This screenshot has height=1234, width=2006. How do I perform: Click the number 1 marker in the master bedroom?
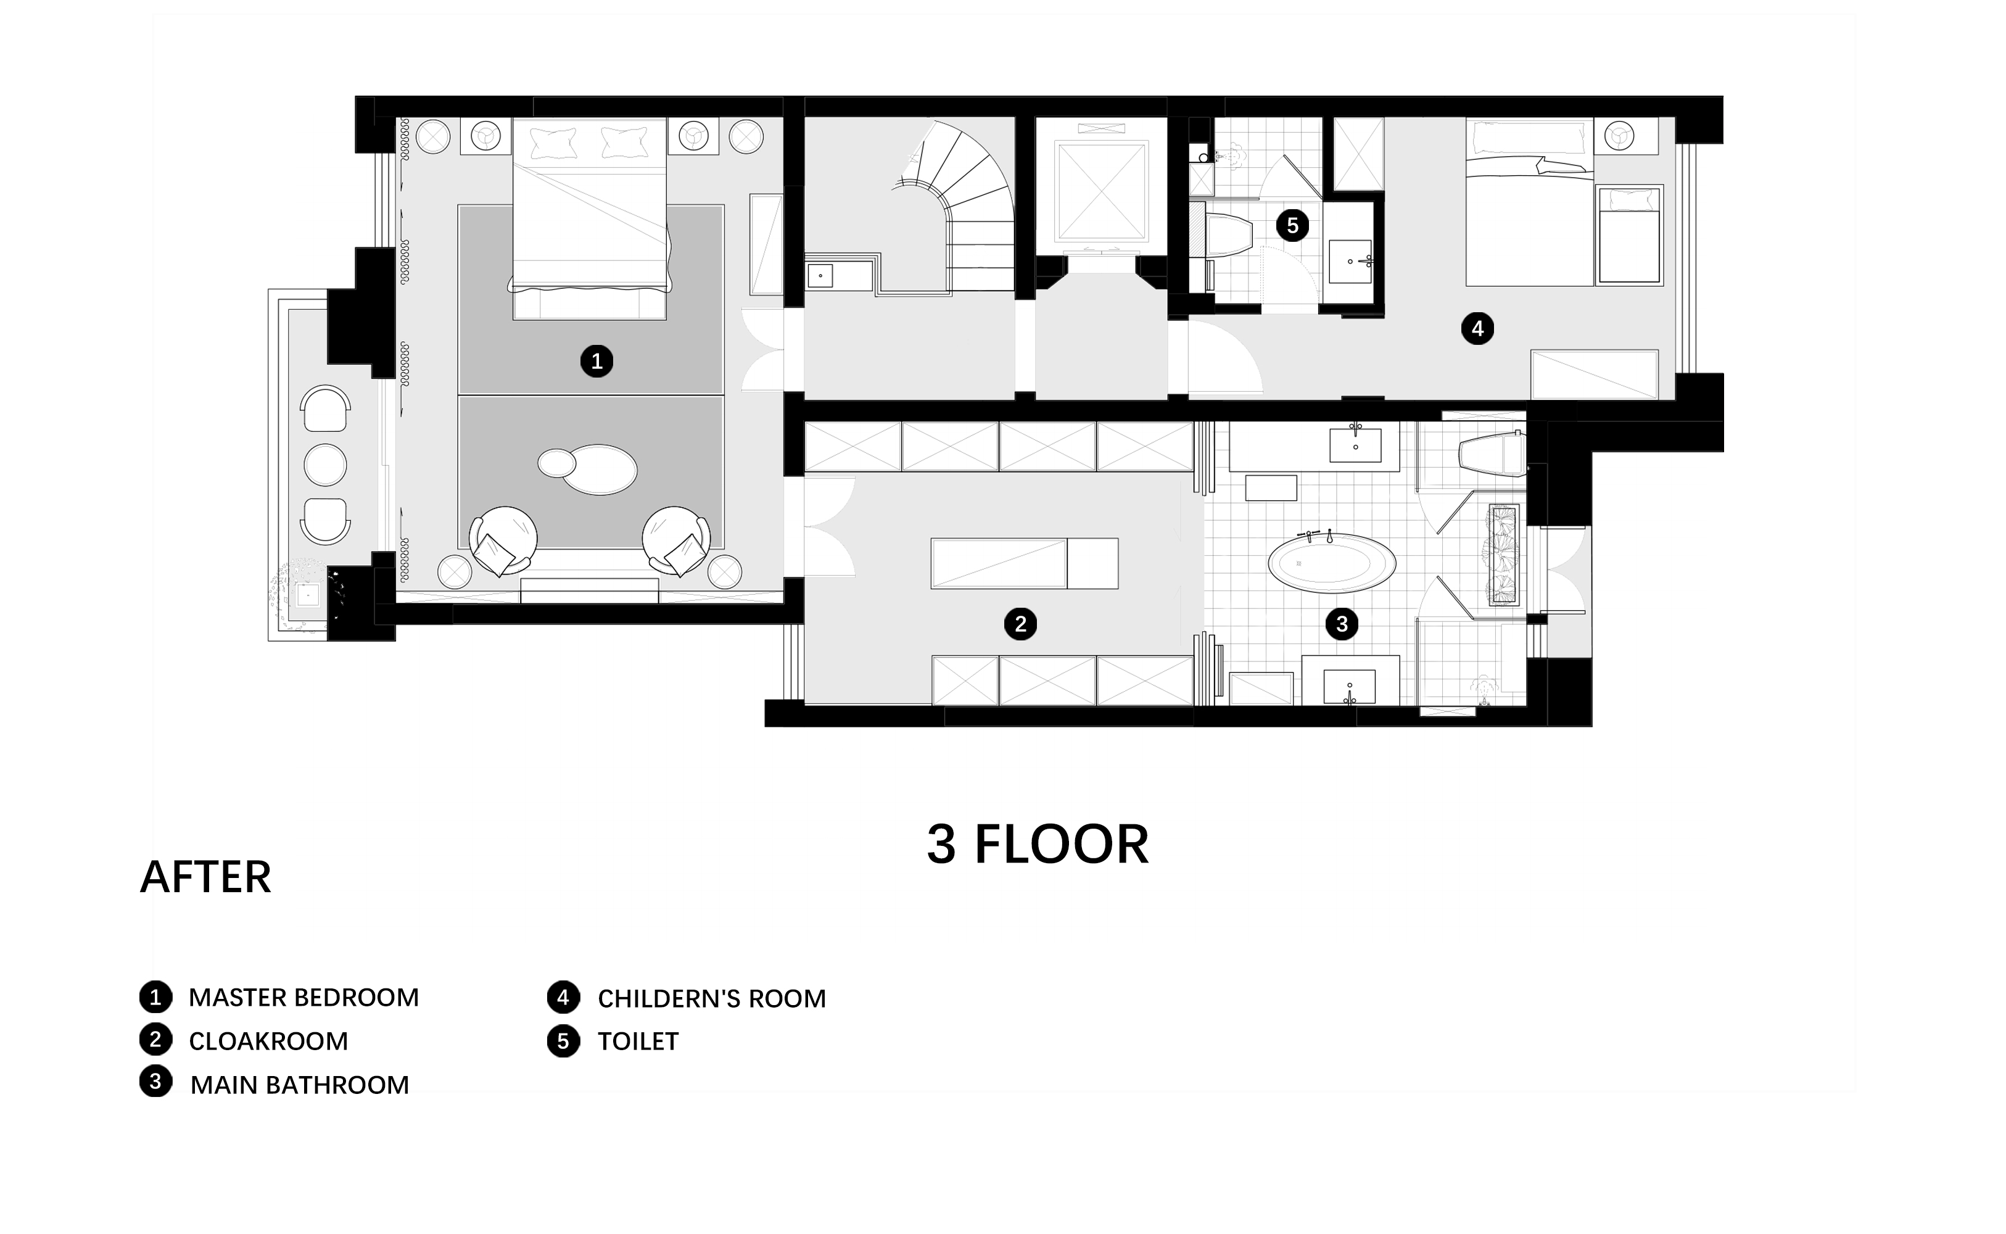tap(596, 361)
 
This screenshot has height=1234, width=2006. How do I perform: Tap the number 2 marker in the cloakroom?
tap(1020, 624)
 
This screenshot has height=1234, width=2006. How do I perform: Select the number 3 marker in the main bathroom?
tap(1342, 624)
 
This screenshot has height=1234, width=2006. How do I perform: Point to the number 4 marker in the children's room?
tap(1477, 329)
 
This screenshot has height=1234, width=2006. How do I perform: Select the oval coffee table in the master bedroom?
tap(599, 470)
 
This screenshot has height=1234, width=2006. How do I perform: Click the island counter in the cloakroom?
tap(1025, 563)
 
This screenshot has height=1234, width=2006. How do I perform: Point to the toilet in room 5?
tap(1228, 237)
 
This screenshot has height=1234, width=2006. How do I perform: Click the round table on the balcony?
tap(324, 465)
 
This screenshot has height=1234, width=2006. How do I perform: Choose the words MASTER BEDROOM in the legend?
tap(303, 997)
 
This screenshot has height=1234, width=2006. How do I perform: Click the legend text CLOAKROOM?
tap(268, 1041)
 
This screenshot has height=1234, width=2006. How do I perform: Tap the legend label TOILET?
tap(638, 1041)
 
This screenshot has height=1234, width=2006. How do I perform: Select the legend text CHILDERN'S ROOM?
tap(711, 998)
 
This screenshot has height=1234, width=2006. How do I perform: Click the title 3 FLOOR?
tap(1038, 845)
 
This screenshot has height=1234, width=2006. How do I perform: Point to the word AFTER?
tap(205, 877)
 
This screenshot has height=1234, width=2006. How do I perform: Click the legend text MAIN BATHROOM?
tap(299, 1085)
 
